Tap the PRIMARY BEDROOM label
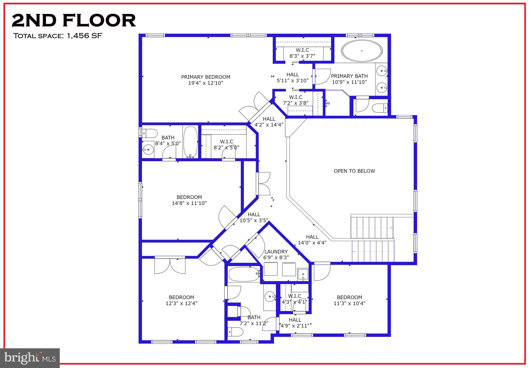(x=205, y=77)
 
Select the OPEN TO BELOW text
(x=354, y=171)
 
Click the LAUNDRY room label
(x=276, y=252)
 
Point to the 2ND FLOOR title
(x=74, y=20)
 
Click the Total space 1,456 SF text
(x=57, y=36)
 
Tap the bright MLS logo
(x=30, y=358)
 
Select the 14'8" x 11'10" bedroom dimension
(x=189, y=203)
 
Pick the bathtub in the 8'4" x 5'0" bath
(x=190, y=142)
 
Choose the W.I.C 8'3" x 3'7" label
(x=302, y=53)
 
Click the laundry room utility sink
(x=303, y=275)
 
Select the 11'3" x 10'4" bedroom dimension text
(x=349, y=303)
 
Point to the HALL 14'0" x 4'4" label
(x=312, y=240)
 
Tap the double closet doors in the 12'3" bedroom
(x=170, y=266)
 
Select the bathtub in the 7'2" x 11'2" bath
(x=244, y=275)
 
